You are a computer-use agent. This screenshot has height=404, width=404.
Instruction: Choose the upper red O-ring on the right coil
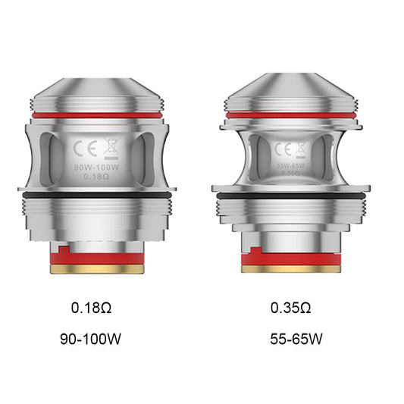(x=293, y=115)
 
